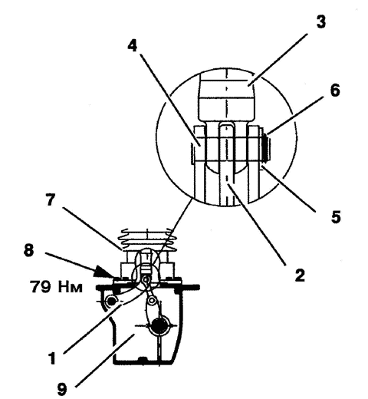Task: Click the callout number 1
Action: (52, 358)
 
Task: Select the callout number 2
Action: (300, 275)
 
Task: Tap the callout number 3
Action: (321, 21)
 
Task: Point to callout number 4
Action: (133, 46)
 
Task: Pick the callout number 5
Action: (336, 217)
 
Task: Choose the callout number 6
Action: (335, 90)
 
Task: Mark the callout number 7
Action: (51, 199)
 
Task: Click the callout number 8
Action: (28, 250)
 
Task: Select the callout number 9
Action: (62, 389)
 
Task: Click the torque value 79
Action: (41, 286)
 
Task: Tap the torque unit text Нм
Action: (71, 287)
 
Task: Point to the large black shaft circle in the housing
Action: (159, 325)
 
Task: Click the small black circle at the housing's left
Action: (110, 301)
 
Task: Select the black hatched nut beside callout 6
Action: (266, 147)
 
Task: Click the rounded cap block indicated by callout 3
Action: (226, 97)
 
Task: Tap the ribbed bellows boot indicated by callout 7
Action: (147, 240)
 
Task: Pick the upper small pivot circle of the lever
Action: (146, 279)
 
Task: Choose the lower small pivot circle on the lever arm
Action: (153, 300)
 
